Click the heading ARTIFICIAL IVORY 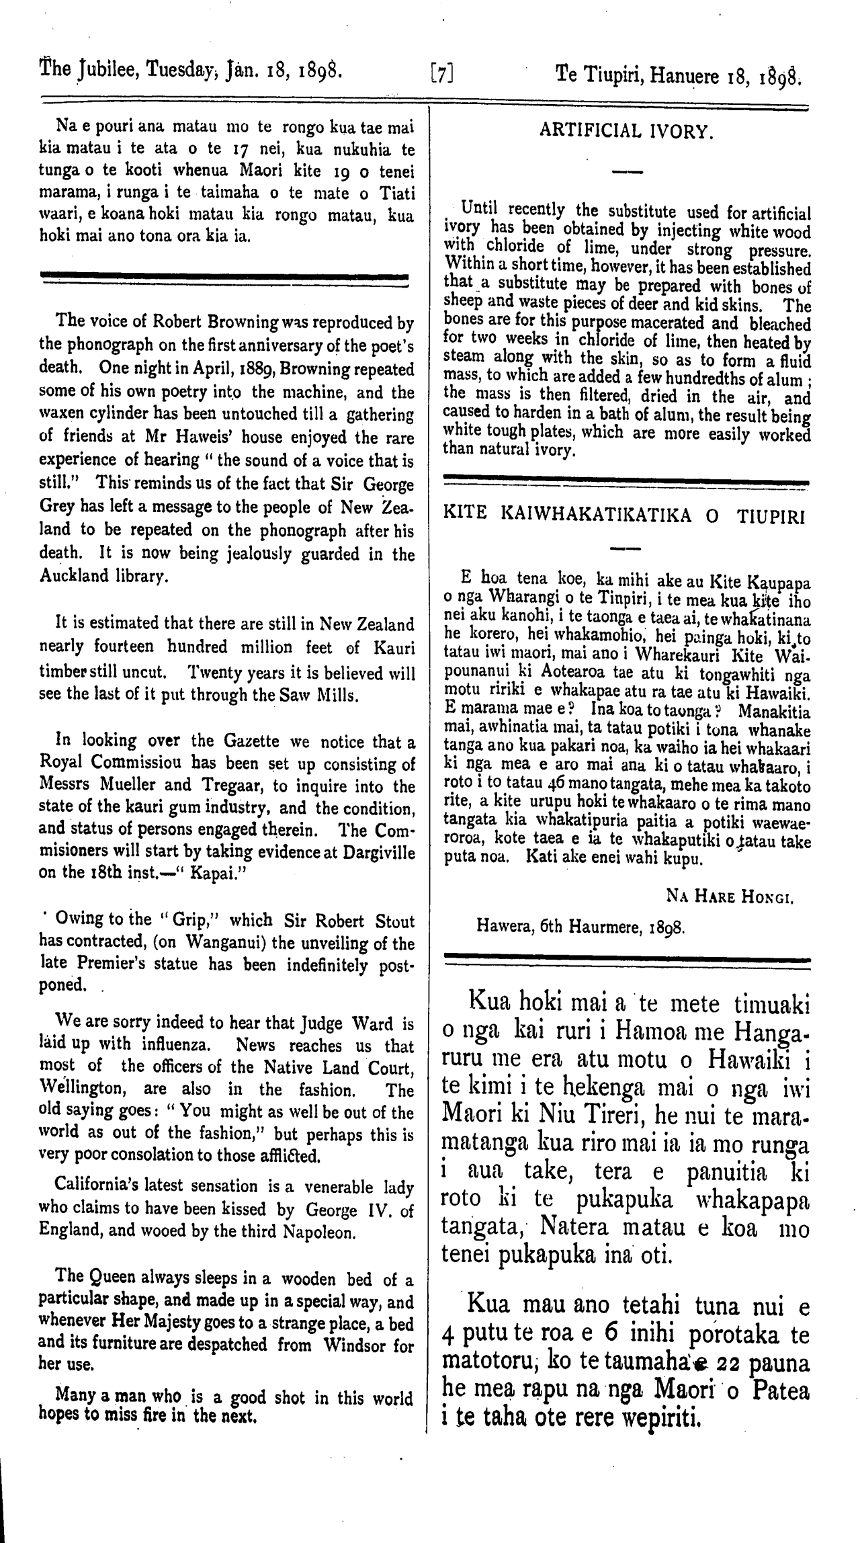tap(626, 131)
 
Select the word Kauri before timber tap(392, 647)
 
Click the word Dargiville tap(378, 853)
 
